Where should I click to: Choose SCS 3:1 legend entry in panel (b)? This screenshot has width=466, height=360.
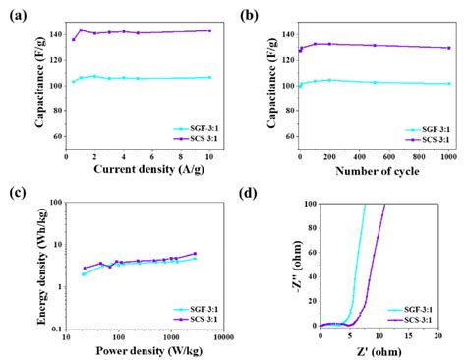click(x=426, y=138)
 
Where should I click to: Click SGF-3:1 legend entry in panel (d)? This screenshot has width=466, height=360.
click(x=413, y=309)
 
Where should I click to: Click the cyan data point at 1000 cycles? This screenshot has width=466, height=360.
click(x=449, y=84)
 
